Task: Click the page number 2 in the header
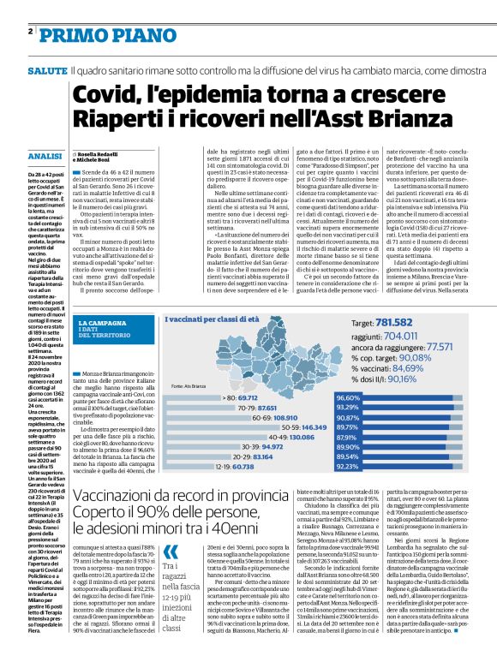[x=29, y=30]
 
